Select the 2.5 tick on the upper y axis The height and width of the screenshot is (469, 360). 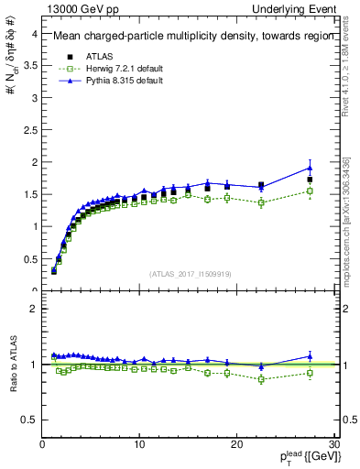tap(29, 130)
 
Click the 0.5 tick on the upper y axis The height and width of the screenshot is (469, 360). tap(29, 258)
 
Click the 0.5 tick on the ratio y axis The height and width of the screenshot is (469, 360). tap(29, 420)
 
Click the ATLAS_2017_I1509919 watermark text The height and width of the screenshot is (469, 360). tap(190, 273)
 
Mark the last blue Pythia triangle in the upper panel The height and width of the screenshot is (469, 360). tap(310, 168)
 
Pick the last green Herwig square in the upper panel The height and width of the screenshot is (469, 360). tap(310, 191)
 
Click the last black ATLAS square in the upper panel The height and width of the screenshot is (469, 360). tap(310, 180)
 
